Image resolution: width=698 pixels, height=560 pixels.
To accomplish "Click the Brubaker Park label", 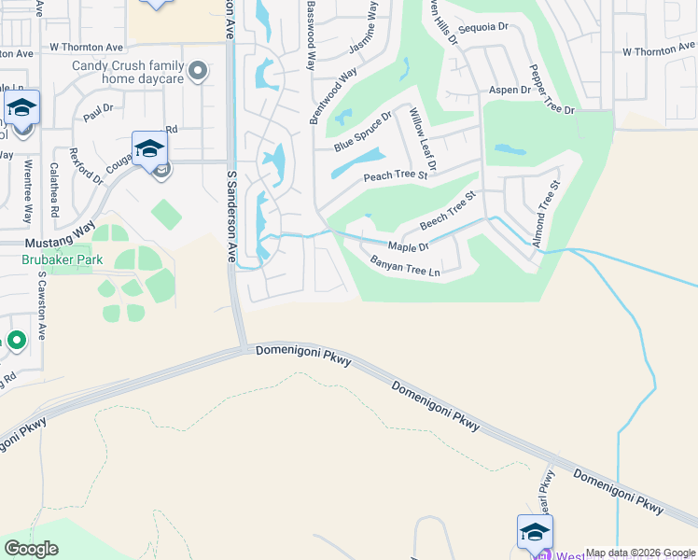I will [63, 260].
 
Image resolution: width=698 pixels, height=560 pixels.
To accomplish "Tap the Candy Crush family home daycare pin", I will [198, 70].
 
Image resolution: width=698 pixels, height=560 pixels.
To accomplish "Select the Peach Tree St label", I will [396, 175].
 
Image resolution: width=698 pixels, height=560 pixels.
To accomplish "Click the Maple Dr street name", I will [409, 246].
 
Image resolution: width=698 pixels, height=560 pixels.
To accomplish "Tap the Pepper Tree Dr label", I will [552, 90].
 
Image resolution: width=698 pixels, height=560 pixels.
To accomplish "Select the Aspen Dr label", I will [510, 90].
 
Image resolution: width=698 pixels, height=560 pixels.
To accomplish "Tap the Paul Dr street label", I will [97, 113].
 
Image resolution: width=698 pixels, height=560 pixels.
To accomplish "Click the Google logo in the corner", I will [31, 549].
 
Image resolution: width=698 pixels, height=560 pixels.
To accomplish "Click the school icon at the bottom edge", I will [535, 533].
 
